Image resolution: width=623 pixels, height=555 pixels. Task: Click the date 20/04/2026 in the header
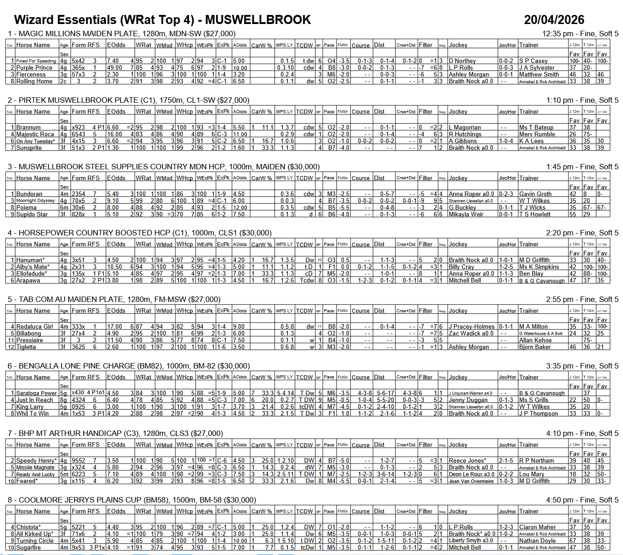click(x=554, y=20)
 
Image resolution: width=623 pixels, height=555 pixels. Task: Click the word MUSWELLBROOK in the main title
click(x=258, y=20)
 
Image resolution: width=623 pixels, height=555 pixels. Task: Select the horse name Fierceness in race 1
click(x=31, y=75)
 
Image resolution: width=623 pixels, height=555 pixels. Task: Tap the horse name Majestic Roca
click(x=35, y=134)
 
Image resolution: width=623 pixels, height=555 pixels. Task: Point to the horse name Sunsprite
click(x=29, y=148)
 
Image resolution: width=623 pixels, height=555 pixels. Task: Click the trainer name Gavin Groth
click(x=535, y=194)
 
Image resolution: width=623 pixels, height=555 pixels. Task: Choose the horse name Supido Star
click(x=32, y=215)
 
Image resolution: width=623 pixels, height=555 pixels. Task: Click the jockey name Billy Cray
click(x=461, y=267)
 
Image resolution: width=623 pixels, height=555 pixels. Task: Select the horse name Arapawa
click(x=28, y=281)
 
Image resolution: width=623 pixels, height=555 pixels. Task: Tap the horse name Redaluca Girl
click(x=34, y=327)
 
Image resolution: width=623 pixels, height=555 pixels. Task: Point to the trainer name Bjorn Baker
click(x=535, y=347)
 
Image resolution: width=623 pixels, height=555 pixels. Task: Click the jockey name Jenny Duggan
click(x=468, y=400)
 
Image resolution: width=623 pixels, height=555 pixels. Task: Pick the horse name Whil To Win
click(x=32, y=414)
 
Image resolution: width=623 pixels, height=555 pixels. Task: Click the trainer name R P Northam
click(x=536, y=461)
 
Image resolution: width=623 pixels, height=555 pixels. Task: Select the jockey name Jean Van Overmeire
click(x=471, y=481)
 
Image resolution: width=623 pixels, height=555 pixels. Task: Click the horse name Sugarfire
click(x=28, y=548)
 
